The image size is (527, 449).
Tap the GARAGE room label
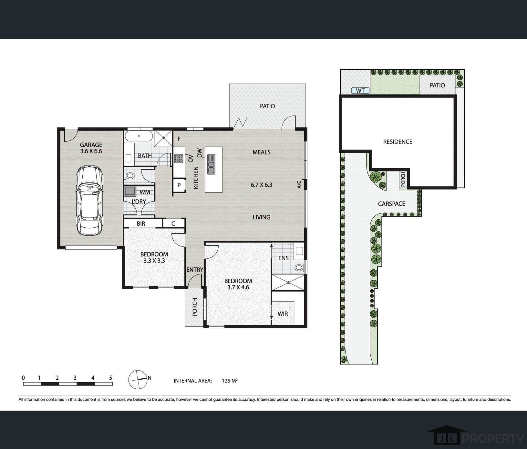click(x=91, y=145)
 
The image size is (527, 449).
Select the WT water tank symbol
click(x=360, y=91)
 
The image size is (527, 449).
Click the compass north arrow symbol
click(x=137, y=379)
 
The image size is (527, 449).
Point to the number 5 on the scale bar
click(x=110, y=378)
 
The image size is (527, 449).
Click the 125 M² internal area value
click(x=230, y=381)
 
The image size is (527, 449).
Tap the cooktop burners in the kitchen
click(x=179, y=158)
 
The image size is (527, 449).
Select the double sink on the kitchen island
click(x=211, y=164)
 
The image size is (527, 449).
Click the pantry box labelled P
click(x=179, y=185)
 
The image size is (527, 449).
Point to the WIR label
click(x=283, y=314)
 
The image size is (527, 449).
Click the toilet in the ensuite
click(x=299, y=267)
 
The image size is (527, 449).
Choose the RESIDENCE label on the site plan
click(x=398, y=142)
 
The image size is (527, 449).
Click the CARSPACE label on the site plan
click(x=391, y=204)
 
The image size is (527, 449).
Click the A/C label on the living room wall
click(x=299, y=185)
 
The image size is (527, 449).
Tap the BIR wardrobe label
click(x=141, y=224)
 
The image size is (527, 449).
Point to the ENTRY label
click(x=195, y=270)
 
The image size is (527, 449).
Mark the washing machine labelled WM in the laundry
click(x=130, y=191)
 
